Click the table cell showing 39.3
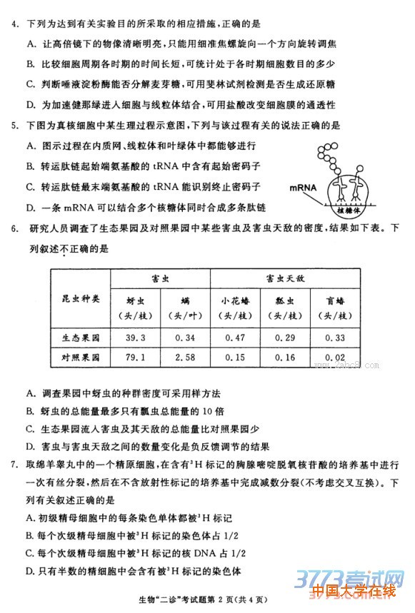tap(135, 338)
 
